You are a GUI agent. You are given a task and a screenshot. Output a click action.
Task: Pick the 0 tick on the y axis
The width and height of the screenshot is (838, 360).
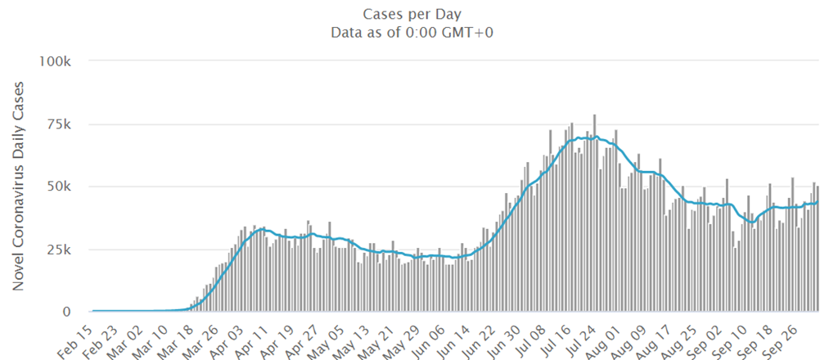click(71, 312)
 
